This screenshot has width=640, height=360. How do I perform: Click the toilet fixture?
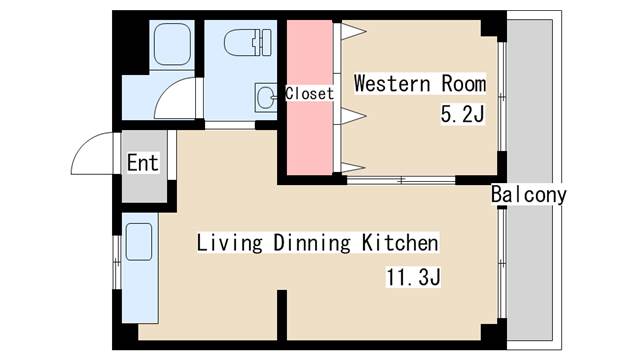point(248,42)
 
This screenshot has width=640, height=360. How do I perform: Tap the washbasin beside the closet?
point(265,97)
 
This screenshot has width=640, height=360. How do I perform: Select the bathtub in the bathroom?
point(172,44)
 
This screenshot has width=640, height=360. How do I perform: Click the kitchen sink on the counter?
point(139,242)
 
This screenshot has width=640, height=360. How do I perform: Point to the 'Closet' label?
point(309,93)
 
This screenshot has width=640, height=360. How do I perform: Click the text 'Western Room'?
point(420,84)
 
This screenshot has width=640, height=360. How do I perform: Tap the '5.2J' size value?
point(462,114)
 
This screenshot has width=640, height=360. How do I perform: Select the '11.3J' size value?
point(413,278)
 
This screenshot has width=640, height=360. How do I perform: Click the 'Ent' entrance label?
point(142,163)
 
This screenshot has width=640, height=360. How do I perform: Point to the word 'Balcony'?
point(529,195)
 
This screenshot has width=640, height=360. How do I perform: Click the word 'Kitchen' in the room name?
point(400,242)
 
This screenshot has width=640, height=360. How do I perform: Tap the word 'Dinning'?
point(312,242)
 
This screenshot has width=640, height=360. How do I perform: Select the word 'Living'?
point(229,242)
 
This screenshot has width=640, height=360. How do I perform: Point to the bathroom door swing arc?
point(166,91)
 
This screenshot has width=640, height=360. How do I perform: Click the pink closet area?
point(310,98)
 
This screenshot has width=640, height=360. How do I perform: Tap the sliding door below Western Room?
point(401,180)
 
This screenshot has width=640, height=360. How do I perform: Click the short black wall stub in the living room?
point(282,315)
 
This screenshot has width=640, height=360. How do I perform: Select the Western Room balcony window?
point(502,96)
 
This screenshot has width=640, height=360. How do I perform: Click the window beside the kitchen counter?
point(117,262)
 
